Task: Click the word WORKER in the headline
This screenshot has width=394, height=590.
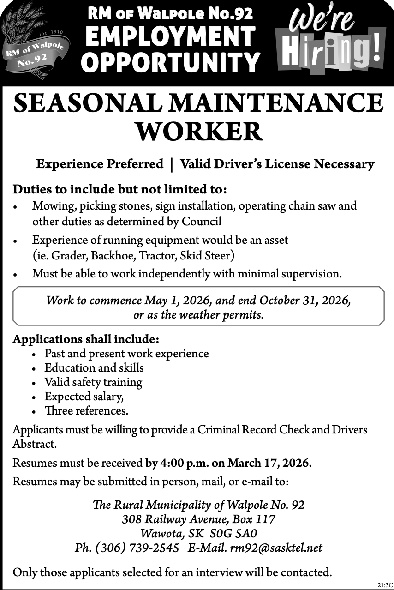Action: tap(198, 132)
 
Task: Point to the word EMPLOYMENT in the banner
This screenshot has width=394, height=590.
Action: tap(170, 36)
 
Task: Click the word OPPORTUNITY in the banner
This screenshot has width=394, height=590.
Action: tap(170, 62)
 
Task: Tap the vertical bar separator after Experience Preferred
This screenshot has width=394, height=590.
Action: tap(172, 164)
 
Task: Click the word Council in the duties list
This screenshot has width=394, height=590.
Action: tap(202, 222)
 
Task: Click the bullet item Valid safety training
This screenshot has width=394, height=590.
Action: tap(93, 382)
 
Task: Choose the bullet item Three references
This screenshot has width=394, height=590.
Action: tap(86, 410)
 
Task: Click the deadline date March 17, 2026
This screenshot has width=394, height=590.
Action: tap(269, 463)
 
